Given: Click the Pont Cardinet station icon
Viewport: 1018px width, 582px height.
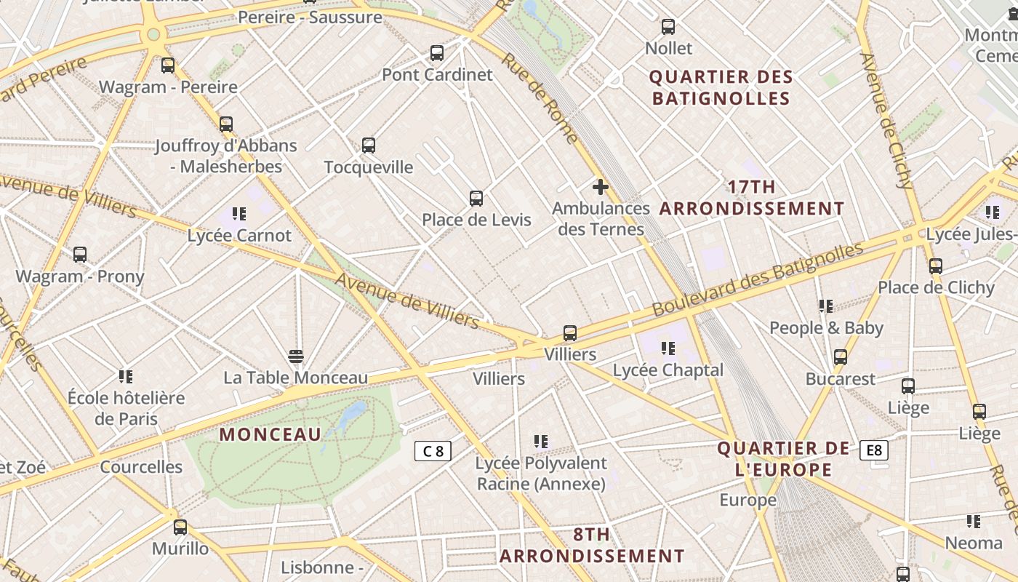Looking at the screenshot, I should coord(436,53).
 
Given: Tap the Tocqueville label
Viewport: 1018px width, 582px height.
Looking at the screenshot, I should coord(368,167).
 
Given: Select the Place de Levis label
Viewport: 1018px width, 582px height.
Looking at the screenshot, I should coord(476,220).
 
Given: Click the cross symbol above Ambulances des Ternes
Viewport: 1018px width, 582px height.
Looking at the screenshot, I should coord(600,188).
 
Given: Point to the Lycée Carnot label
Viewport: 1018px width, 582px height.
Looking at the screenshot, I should coord(239,236).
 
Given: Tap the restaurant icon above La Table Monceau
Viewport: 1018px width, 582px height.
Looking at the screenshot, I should coord(295,356).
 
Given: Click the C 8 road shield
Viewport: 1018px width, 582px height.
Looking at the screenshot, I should coord(433,451).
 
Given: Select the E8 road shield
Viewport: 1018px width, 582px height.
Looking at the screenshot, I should coord(873,450).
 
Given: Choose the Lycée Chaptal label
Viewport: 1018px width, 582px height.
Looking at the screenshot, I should coord(668,370).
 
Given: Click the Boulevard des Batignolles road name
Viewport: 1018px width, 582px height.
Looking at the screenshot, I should coord(757,279).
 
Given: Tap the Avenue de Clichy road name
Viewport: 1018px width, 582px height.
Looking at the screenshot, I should coord(886,121).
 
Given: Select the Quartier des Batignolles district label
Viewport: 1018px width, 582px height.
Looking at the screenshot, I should coord(721,87).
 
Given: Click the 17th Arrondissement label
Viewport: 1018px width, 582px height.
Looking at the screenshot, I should coord(752,198).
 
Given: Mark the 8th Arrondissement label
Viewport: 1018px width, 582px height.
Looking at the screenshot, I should coord(591,546).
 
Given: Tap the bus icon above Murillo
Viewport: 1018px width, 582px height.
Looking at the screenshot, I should coord(180,527).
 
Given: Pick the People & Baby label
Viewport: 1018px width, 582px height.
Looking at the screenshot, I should coord(826,328).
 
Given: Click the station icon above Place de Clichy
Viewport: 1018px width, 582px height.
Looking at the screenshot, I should coord(935,266).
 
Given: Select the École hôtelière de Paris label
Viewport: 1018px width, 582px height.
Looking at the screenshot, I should coord(126,408).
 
